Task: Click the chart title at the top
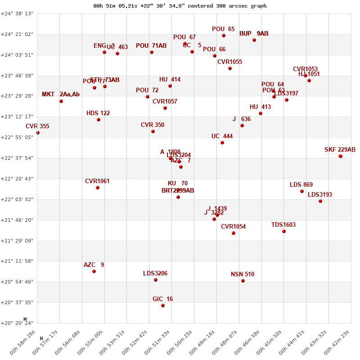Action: pos(180,6)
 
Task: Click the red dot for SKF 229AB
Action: pos(341,156)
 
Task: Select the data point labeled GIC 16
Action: pos(163,306)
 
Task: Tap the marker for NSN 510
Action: pos(243,281)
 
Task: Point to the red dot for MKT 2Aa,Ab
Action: pos(61,101)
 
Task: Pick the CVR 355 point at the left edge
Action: pos(38,133)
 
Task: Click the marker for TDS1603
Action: pos(284,231)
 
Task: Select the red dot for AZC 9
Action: pos(94,271)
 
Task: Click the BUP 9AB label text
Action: pos(254,34)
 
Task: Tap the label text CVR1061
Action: pos(97,181)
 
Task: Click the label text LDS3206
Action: pos(155,273)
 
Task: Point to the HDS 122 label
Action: pos(98,113)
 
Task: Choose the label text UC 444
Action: pos(222,136)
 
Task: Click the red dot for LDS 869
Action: pos(302,191)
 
